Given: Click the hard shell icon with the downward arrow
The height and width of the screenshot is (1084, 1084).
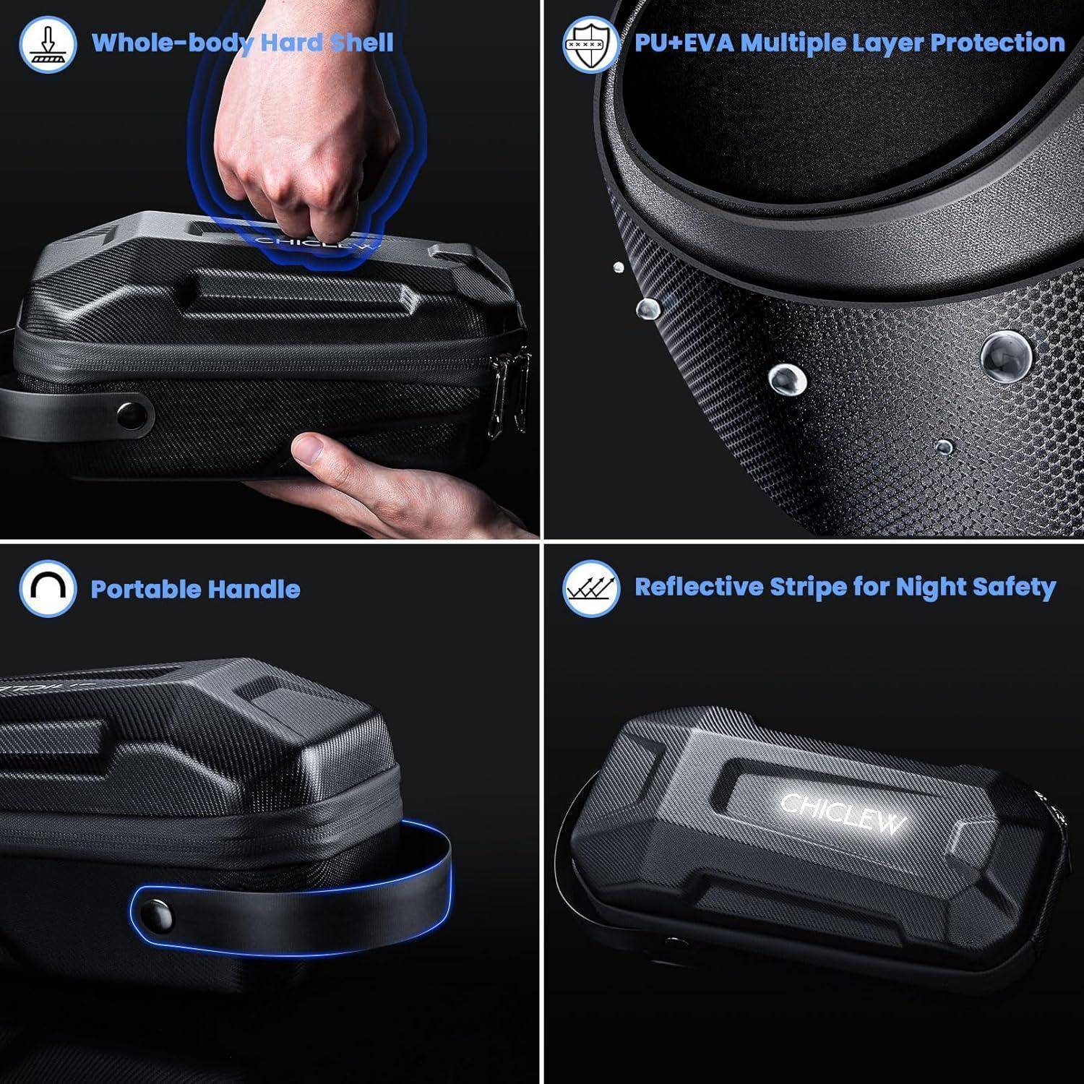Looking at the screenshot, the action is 48,44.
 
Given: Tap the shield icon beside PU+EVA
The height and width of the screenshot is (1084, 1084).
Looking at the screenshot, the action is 591,44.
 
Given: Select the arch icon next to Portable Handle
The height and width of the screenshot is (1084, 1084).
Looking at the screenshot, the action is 48,588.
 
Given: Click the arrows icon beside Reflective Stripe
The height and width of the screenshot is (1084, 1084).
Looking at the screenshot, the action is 591,588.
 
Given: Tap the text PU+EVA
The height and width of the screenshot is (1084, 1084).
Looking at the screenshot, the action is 684,43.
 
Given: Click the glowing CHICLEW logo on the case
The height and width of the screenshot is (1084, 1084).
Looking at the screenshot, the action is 843,812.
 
